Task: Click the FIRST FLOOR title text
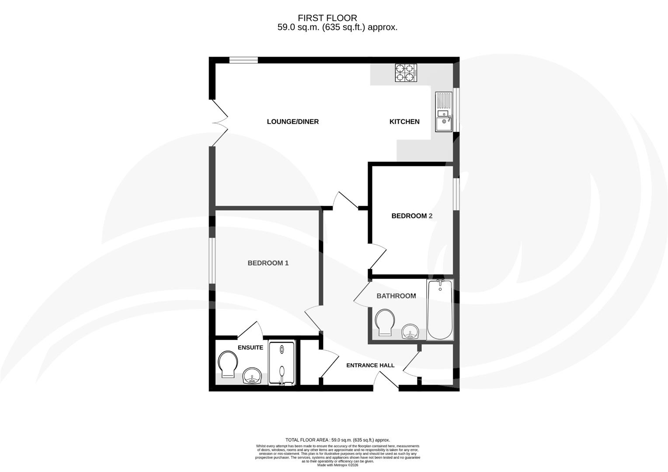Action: pos(327,18)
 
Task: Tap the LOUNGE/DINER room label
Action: pos(292,121)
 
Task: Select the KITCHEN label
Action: pos(404,121)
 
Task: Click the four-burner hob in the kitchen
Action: pos(406,73)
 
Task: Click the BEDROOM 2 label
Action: pos(412,216)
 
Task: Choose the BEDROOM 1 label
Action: pos(268,263)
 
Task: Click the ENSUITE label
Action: pos(250,347)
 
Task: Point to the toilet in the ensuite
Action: pos(228,364)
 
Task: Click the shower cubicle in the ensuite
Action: pos(282,364)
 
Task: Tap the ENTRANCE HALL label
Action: pos(370,365)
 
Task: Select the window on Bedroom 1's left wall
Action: pos(212,260)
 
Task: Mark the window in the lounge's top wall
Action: pos(244,60)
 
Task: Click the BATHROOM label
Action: pos(396,296)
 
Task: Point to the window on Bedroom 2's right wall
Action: pos(456,194)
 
